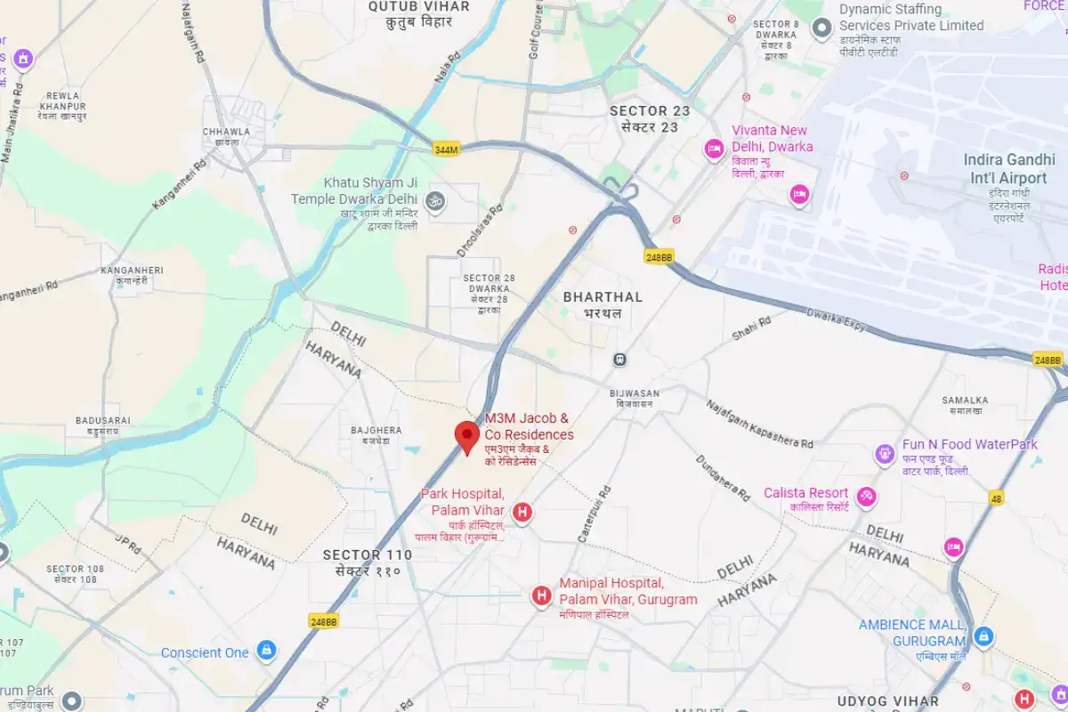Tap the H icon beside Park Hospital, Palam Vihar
click(x=522, y=512)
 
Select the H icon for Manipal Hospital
click(x=540, y=595)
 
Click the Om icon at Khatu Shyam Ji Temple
click(x=435, y=199)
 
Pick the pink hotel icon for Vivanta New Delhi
click(x=713, y=150)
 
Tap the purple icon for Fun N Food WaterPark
click(x=885, y=455)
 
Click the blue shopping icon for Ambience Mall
click(x=983, y=636)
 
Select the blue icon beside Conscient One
click(x=265, y=651)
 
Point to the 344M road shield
click(x=446, y=150)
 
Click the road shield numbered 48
click(x=995, y=499)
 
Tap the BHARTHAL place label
click(x=603, y=297)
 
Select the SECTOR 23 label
click(x=650, y=111)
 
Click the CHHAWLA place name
click(x=226, y=132)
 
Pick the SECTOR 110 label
click(x=368, y=555)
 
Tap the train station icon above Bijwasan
click(x=619, y=360)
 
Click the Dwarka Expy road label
click(x=836, y=320)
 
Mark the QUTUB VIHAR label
click(x=419, y=7)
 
